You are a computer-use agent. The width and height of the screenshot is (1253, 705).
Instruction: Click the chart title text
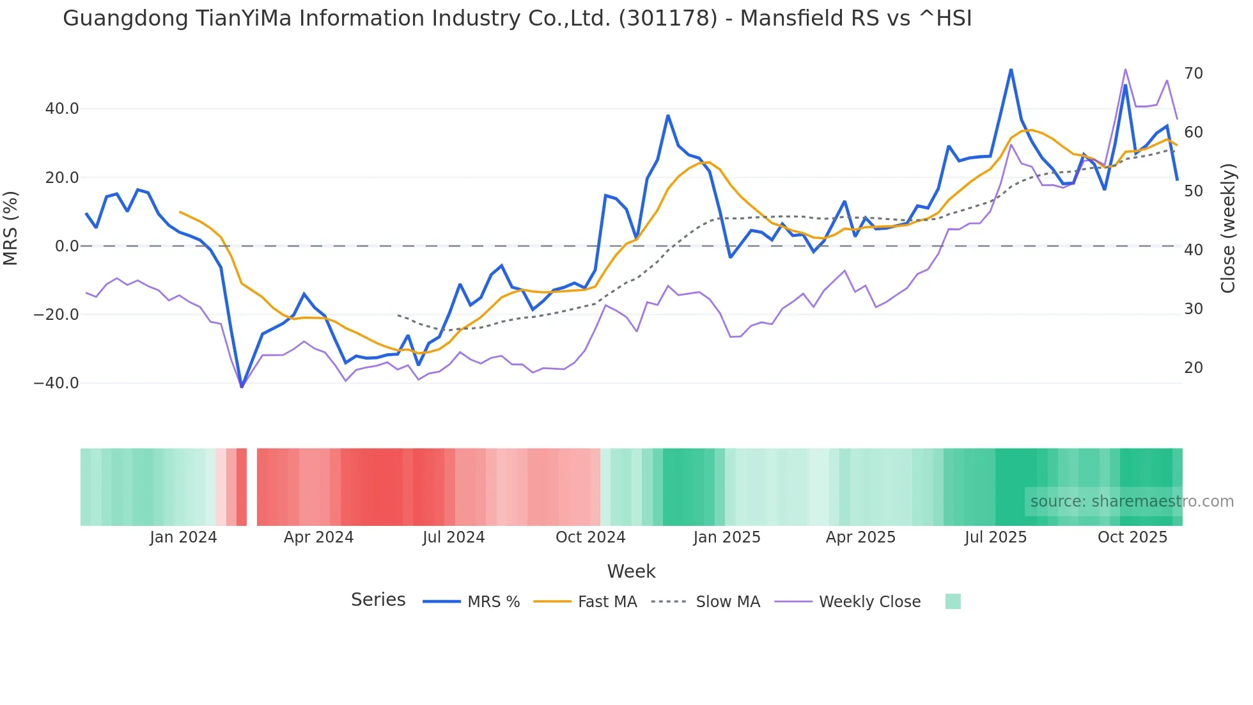click(517, 19)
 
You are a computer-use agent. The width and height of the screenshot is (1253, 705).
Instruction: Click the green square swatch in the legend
click(953, 601)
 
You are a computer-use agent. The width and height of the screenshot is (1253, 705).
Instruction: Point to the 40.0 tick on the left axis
click(62, 109)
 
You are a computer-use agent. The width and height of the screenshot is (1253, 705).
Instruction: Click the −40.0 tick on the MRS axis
click(56, 383)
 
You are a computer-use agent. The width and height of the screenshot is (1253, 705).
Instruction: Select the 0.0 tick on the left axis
click(67, 246)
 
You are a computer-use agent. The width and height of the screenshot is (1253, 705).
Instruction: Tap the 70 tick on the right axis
click(1194, 74)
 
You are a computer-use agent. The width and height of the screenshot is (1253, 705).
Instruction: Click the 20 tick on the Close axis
click(1194, 368)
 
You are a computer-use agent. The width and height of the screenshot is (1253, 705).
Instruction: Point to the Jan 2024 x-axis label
click(183, 537)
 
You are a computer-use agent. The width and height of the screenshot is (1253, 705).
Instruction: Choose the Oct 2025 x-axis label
click(1132, 537)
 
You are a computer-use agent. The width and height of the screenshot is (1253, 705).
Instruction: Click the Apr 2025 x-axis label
click(860, 537)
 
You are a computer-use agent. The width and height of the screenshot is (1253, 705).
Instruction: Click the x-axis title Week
click(631, 571)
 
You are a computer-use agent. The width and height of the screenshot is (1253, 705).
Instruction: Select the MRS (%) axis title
click(11, 228)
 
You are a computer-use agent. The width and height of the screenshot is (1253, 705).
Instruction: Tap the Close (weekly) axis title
click(1228, 228)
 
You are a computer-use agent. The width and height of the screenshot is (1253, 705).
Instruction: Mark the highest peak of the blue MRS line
click(1011, 69)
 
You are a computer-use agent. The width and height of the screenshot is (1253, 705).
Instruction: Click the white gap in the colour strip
click(252, 487)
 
